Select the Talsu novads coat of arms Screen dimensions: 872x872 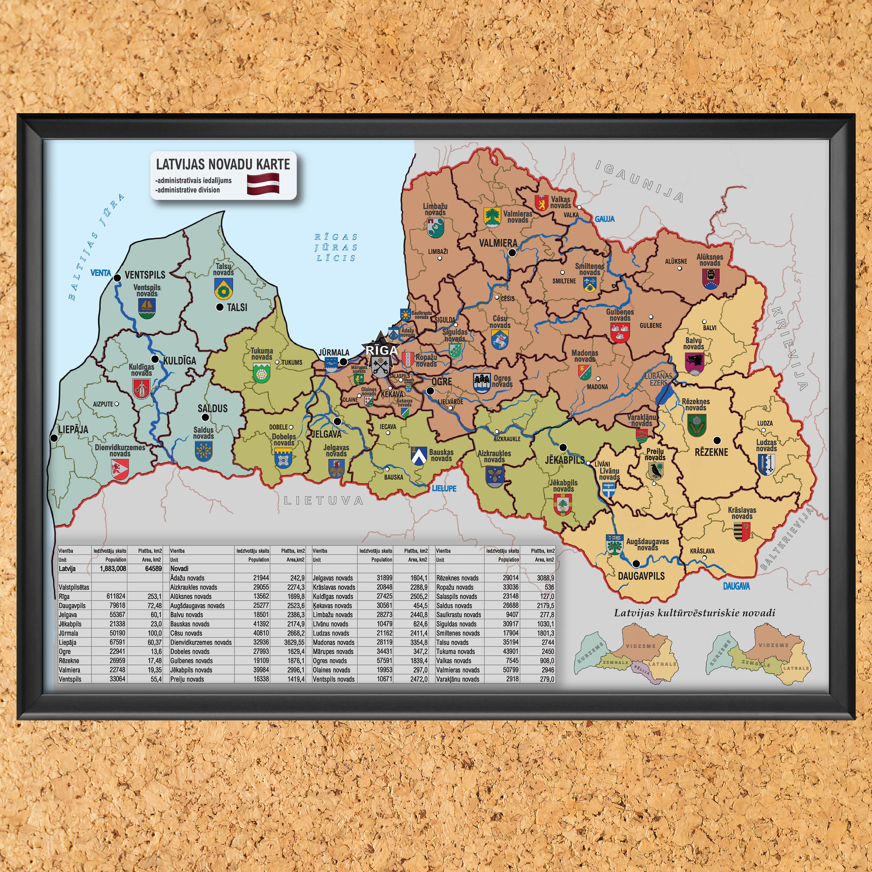coord(223,288)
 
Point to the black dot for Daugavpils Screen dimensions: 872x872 coord(636,563)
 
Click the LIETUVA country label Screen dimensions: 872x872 coord(324,500)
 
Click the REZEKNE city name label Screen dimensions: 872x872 coord(711,452)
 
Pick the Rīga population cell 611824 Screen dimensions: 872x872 coord(116,596)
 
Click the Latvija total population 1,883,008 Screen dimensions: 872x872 coord(113,569)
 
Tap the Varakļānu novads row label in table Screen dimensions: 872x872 coord(458,679)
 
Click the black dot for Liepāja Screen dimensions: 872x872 coord(54,438)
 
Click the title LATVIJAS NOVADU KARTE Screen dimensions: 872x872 coord(223,164)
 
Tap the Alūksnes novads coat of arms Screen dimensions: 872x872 coord(710,278)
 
